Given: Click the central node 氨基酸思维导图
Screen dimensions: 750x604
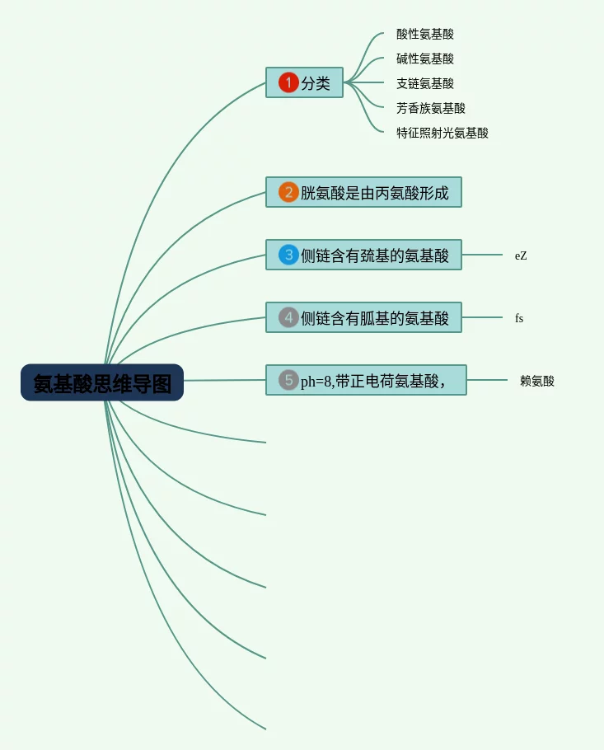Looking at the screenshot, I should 102,383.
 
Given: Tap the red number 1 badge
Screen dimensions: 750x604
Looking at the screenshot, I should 288,82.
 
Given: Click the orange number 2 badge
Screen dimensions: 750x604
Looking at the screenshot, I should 288,192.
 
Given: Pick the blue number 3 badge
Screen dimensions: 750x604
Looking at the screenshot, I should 288,255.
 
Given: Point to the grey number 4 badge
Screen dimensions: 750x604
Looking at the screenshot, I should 288,317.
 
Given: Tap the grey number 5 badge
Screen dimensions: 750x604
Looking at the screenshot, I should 288,380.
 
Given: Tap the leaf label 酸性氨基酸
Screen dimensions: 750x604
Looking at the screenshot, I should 425,34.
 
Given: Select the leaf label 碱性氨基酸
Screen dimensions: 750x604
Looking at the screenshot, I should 425,59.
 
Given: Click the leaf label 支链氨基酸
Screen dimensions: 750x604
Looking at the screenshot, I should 425,83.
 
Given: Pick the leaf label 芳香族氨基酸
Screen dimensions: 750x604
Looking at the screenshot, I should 431,108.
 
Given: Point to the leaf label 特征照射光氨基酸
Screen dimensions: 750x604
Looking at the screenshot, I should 442,133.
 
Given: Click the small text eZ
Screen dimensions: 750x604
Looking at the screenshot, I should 521,256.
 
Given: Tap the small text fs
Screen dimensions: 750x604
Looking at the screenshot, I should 519,318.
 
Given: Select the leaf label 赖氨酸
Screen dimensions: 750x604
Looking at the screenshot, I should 537,381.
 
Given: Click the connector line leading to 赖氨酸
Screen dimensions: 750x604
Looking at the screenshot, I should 487,380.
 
